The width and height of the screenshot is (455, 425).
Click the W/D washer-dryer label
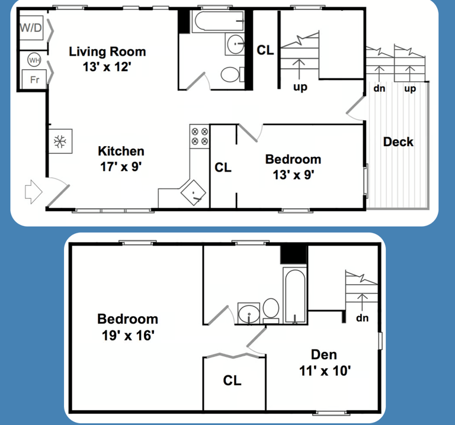click(x=31, y=28)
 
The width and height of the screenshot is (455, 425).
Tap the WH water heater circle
click(x=34, y=60)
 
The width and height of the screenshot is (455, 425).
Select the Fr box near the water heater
click(x=34, y=79)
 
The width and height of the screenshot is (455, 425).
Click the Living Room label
click(x=107, y=51)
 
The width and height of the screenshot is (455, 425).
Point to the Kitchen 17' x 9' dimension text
click(x=121, y=167)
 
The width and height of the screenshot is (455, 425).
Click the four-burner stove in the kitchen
click(x=200, y=136)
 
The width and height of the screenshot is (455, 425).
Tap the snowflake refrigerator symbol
click(x=60, y=141)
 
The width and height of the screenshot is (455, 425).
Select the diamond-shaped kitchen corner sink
click(x=193, y=192)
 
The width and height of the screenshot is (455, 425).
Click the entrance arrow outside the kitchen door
click(x=33, y=192)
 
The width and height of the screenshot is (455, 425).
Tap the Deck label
click(x=398, y=141)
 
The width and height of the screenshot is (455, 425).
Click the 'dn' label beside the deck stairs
click(x=379, y=88)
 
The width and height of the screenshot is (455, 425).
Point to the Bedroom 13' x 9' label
click(x=293, y=168)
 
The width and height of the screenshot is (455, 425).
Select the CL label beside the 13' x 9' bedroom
click(x=223, y=168)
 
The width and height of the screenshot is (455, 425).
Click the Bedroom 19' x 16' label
click(x=128, y=327)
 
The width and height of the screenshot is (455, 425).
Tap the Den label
click(x=324, y=355)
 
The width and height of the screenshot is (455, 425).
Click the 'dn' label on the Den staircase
click(x=362, y=318)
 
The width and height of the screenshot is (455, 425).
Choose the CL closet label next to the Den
click(x=232, y=381)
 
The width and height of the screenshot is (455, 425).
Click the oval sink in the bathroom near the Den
click(x=249, y=313)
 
